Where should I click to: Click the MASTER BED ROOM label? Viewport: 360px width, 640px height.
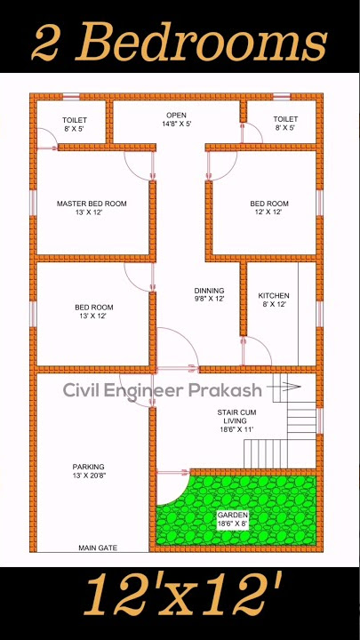tap(92, 204)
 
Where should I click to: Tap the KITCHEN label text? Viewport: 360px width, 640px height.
tap(274, 296)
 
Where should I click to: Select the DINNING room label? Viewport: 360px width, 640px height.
tap(210, 291)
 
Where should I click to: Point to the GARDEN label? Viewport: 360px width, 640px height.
tap(233, 515)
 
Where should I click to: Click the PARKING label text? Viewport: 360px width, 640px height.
tap(88, 467)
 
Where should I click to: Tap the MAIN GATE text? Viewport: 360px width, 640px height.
tap(98, 548)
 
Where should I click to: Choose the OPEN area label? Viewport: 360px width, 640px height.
tap(176, 116)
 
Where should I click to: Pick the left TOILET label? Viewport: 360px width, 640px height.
tap(75, 119)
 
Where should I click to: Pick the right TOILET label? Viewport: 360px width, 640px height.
tap(285, 118)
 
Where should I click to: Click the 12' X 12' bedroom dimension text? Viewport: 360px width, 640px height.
tap(269, 213)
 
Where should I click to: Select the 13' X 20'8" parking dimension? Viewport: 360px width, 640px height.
tap(88, 476)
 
